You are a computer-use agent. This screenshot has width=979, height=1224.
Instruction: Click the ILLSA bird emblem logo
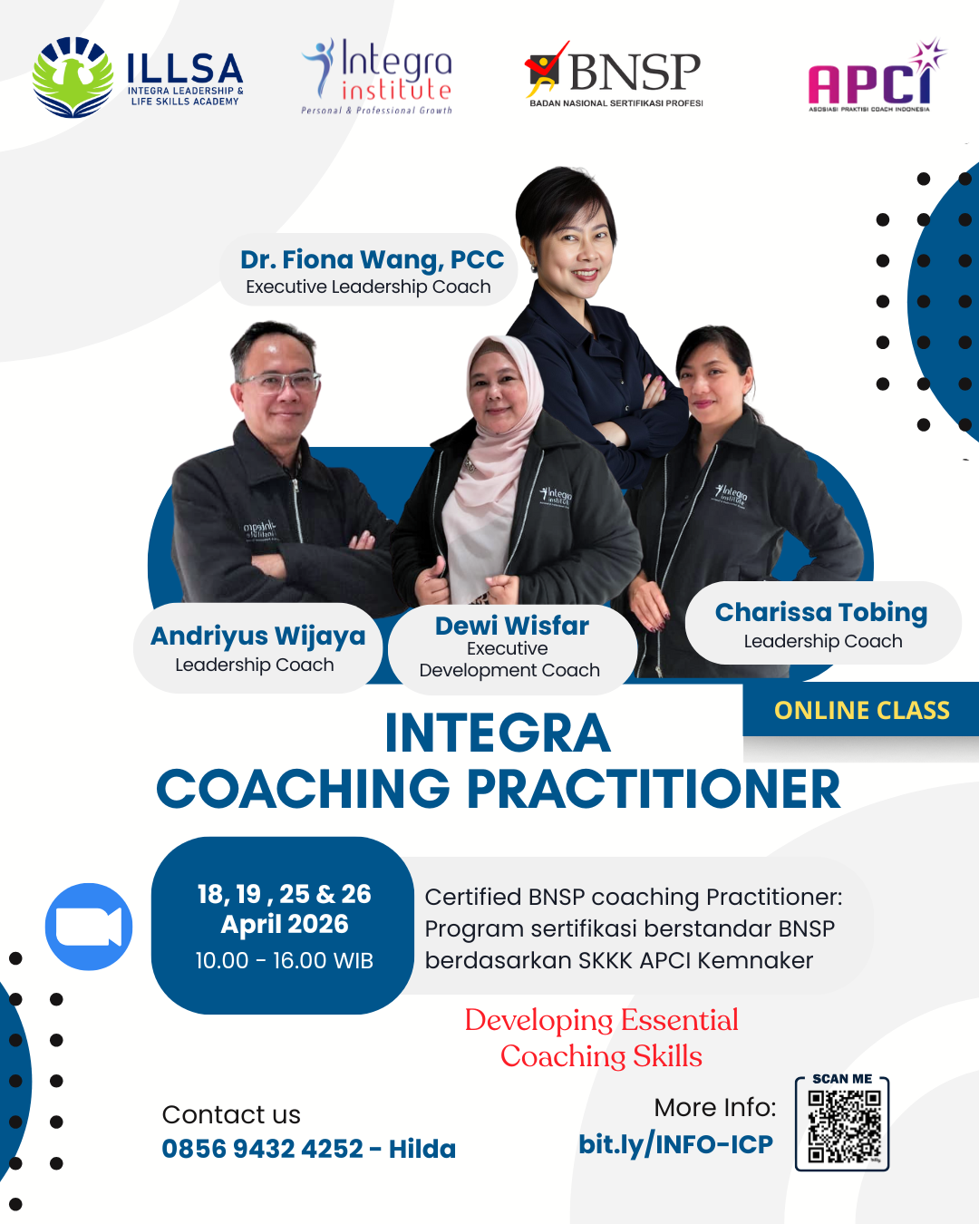pyautogui.click(x=73, y=77)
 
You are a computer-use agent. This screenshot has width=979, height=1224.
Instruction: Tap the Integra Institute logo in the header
pyautogui.click(x=377, y=77)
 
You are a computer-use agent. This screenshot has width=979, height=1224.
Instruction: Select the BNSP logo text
pyautogui.click(x=635, y=72)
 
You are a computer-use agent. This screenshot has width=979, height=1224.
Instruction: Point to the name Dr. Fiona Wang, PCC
pyautogui.click(x=372, y=259)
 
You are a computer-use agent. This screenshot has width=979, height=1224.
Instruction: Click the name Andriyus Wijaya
pyautogui.click(x=257, y=636)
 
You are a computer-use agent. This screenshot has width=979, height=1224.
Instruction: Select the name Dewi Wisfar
pyautogui.click(x=512, y=626)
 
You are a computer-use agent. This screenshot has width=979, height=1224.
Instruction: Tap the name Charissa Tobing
pyautogui.click(x=821, y=613)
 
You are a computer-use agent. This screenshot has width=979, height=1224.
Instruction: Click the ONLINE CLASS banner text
pyautogui.click(x=862, y=710)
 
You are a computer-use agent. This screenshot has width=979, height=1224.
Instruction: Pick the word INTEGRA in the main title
pyautogui.click(x=498, y=733)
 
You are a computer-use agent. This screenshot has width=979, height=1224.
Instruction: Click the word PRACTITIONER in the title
pyautogui.click(x=654, y=789)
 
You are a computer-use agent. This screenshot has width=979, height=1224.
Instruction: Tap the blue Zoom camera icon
pyautogui.click(x=89, y=927)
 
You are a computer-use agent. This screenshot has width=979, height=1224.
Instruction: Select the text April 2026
pyautogui.click(x=285, y=924)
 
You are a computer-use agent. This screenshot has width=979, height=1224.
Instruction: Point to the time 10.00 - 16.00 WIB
pyautogui.click(x=285, y=961)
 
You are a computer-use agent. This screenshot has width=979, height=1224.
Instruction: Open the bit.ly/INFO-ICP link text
pyautogui.click(x=676, y=1144)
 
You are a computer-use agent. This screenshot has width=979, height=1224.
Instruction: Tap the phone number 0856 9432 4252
pyautogui.click(x=262, y=1149)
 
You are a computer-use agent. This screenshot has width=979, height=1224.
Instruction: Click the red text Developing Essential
pyautogui.click(x=601, y=1020)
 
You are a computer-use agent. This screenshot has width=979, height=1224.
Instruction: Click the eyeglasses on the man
pyautogui.click(x=280, y=383)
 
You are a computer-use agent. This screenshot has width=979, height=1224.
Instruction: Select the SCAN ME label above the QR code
pyautogui.click(x=842, y=1079)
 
